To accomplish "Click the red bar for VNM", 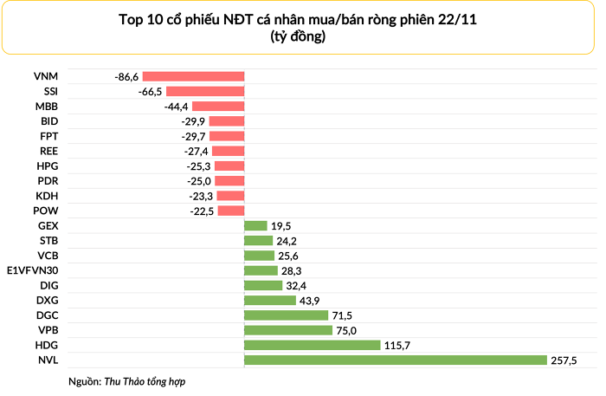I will [x=193, y=76].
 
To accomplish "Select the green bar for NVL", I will [x=395, y=360].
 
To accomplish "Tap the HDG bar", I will [x=312, y=345].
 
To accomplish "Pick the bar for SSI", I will [x=204, y=91].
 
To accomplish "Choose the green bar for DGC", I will [x=286, y=315].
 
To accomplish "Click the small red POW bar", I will [x=230, y=211].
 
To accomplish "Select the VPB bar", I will [x=287, y=330].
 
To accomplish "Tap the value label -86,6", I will [x=126, y=76].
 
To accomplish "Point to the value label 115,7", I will [x=398, y=345].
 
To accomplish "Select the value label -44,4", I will [x=176, y=106].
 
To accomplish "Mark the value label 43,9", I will [x=310, y=300].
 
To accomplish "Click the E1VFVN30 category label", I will [x=32, y=270].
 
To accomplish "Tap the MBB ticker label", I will [x=47, y=106].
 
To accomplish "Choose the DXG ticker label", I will [x=48, y=300].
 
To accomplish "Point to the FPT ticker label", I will [x=48, y=136].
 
